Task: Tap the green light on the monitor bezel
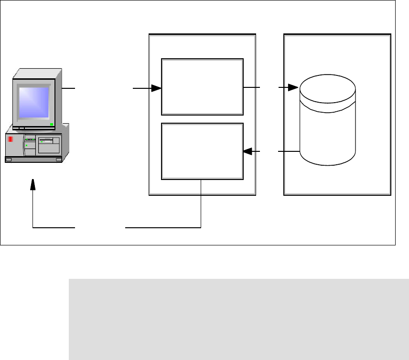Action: (x=52, y=125)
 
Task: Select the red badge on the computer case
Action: (x=10, y=140)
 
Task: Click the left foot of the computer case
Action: (x=11, y=160)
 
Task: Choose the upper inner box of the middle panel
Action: (x=202, y=86)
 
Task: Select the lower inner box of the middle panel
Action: (x=202, y=151)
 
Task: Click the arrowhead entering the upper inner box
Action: (x=157, y=88)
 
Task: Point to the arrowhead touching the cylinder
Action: (x=293, y=88)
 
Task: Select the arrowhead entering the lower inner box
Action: (x=248, y=152)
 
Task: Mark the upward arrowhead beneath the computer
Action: (x=32, y=184)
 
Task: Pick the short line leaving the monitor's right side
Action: (x=68, y=88)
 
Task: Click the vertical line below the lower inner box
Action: (x=202, y=203)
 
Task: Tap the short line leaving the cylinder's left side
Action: (x=289, y=152)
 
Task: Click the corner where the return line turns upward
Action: (x=32, y=228)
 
